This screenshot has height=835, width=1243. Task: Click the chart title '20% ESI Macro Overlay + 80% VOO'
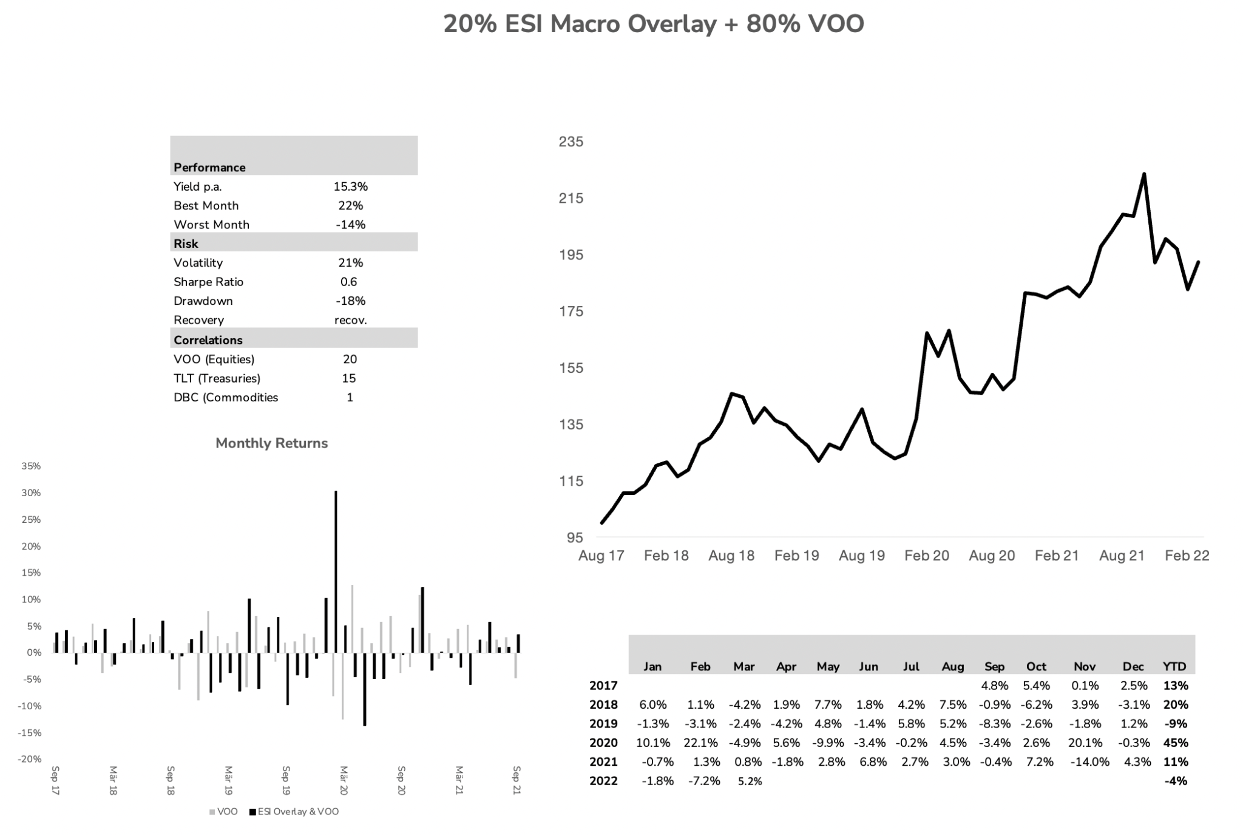pyautogui.click(x=653, y=24)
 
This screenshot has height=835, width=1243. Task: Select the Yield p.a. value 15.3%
pyautogui.click(x=350, y=186)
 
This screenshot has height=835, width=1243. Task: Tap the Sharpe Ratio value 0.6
pyautogui.click(x=349, y=282)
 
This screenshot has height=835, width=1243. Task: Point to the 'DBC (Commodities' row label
pyautogui.click(x=226, y=397)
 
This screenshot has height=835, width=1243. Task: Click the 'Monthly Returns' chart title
pyautogui.click(x=271, y=443)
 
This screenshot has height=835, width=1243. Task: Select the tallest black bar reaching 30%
pyautogui.click(x=336, y=571)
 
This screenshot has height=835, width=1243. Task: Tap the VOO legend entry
pyautogui.click(x=224, y=812)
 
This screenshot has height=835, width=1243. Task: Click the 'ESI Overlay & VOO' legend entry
pyautogui.click(x=294, y=812)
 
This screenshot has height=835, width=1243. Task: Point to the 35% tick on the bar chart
pyautogui.click(x=31, y=466)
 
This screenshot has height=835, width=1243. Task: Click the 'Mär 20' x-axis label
pyautogui.click(x=344, y=780)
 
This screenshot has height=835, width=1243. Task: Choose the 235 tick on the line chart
pyautogui.click(x=571, y=141)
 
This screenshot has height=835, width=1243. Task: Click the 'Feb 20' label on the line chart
pyautogui.click(x=926, y=556)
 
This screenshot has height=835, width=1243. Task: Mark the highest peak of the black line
pyautogui.click(x=1144, y=175)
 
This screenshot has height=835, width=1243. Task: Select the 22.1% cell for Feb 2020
pyautogui.click(x=701, y=743)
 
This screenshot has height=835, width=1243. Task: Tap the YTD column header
pyautogui.click(x=1174, y=666)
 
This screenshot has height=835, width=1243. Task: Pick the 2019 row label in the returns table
pyautogui.click(x=603, y=723)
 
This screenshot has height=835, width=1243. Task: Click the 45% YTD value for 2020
pyautogui.click(x=1176, y=743)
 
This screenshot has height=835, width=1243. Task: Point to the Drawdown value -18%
pyautogui.click(x=350, y=301)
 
